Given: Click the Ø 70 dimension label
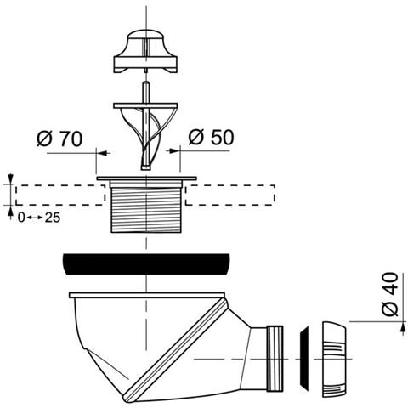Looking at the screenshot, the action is coord(59,139).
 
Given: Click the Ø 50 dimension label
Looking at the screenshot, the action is coord(212,138).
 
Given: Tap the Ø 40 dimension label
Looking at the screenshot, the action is coord(390,294).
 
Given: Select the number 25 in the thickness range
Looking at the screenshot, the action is coord(53,218).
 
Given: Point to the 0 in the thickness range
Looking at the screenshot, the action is coord(21,218).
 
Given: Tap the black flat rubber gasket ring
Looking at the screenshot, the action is coord(146,264).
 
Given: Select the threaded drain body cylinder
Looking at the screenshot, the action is coord(146,210).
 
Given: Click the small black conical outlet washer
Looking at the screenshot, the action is coord(304,358).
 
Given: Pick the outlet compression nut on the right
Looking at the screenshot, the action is coord(334,360).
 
